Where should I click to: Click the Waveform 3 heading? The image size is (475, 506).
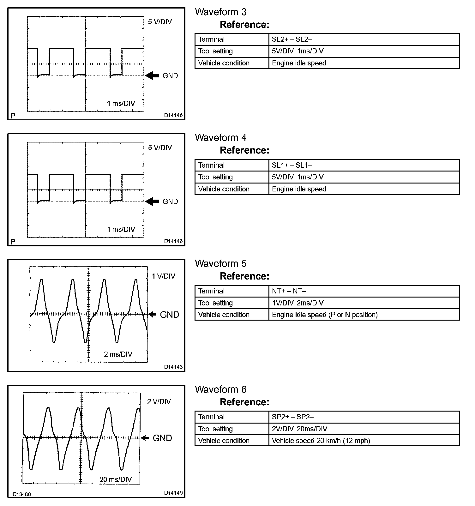[220, 12]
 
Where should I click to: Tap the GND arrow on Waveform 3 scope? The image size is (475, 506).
[152, 76]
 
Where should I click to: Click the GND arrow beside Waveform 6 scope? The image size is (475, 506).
[145, 438]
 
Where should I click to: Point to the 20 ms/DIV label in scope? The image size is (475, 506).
[115, 479]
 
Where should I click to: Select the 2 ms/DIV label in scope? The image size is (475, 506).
[118, 354]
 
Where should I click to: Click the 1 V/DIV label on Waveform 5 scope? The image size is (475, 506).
[163, 276]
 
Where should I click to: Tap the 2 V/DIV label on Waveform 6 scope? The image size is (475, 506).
[159, 402]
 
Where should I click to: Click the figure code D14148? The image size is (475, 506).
[173, 367]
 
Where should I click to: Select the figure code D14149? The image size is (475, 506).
[173, 493]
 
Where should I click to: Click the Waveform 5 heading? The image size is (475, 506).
[220, 264]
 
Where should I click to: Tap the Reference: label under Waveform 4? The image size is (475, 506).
[244, 150]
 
